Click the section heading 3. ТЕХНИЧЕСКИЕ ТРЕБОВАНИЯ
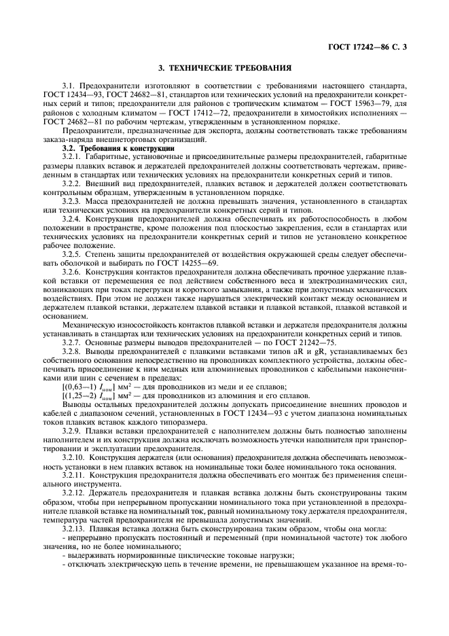pos(224,69)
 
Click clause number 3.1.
pos(69,86)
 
